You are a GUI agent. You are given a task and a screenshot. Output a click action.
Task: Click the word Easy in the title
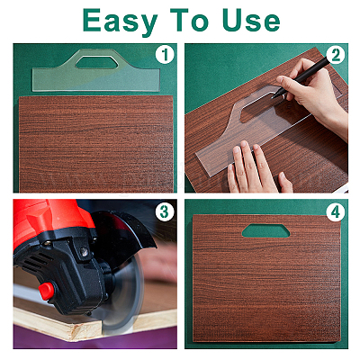(x=121, y=21)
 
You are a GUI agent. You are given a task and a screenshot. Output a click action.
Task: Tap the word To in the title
(x=189, y=20)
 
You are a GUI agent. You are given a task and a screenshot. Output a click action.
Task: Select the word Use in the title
(x=251, y=21)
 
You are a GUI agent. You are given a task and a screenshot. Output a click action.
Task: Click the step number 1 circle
(x=165, y=55)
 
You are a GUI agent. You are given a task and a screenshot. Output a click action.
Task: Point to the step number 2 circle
(x=336, y=55)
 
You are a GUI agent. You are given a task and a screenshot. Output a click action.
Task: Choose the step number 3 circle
(x=165, y=212)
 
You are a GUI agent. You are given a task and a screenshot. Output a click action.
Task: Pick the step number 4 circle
(x=336, y=212)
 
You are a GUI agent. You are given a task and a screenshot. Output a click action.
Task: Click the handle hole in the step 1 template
(x=96, y=62)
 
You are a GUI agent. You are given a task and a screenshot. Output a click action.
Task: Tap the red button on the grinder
(x=47, y=291)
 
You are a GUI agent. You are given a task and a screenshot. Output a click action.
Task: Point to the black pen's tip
(x=273, y=97)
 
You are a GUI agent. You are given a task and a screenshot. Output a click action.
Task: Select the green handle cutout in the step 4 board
(x=265, y=230)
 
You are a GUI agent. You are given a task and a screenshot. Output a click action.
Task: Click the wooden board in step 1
(x=96, y=144)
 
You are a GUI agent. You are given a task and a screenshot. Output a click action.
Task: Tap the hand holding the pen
(x=312, y=93)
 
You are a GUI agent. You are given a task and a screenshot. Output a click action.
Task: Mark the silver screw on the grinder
(x=85, y=252)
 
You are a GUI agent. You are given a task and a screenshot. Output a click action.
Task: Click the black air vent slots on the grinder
(x=34, y=262)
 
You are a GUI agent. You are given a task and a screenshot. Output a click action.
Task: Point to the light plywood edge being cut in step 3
(x=57, y=326)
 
